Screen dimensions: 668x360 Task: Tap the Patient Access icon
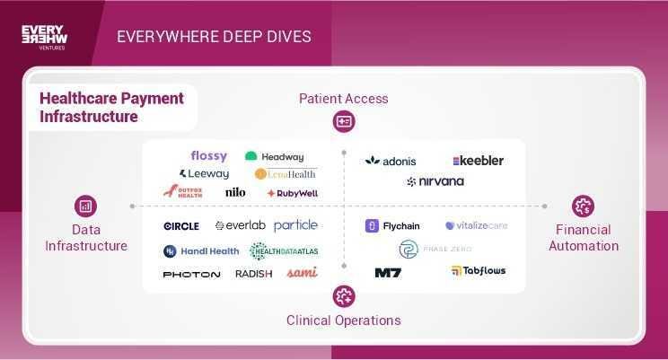[x=344, y=121]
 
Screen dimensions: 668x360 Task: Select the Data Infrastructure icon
[x=86, y=206]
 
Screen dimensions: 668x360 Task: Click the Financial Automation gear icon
[x=584, y=206]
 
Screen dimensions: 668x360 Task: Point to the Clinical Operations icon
[x=344, y=295]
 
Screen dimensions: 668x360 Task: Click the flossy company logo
[x=209, y=156]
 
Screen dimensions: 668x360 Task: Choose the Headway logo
[x=274, y=156]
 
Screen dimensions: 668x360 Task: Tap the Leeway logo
[x=205, y=173]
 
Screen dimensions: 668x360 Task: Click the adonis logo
[x=391, y=161]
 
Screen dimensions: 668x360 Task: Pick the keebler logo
[x=478, y=161]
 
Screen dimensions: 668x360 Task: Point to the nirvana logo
[x=435, y=181]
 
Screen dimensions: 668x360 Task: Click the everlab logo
[x=240, y=225]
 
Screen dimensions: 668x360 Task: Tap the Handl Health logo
[x=201, y=251]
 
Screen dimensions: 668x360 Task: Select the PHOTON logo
[x=191, y=274]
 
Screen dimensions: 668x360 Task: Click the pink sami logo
[x=302, y=273]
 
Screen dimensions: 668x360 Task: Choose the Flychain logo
[x=393, y=226]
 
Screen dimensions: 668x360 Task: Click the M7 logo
[x=388, y=272]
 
